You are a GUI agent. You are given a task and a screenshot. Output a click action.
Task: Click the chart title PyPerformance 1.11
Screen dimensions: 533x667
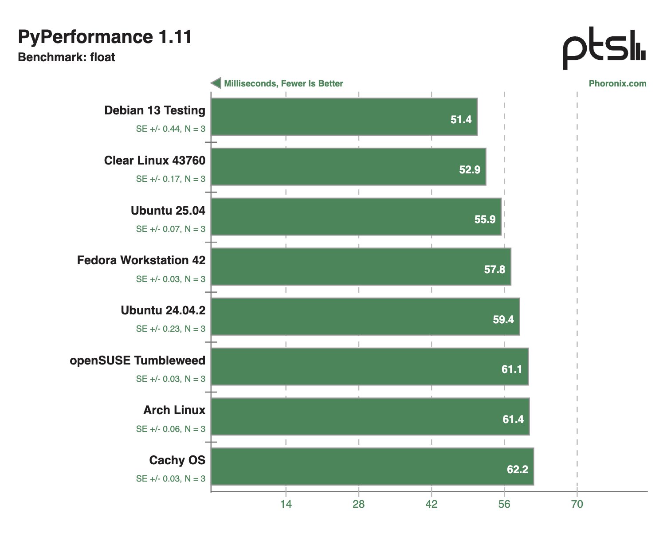(105, 37)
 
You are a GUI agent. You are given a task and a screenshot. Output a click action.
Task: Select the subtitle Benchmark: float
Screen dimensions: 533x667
(67, 57)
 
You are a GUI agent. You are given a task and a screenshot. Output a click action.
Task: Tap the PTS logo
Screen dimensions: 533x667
(604, 48)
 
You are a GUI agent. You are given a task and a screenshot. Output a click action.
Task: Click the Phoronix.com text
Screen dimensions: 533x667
(617, 83)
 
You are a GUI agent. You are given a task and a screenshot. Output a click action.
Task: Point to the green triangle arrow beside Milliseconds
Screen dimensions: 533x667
(216, 83)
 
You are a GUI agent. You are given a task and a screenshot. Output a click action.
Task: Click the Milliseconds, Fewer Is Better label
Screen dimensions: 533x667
(283, 83)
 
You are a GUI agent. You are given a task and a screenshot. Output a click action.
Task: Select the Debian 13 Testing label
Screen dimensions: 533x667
(155, 110)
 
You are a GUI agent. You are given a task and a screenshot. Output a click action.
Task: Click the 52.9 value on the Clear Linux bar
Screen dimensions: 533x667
(470, 169)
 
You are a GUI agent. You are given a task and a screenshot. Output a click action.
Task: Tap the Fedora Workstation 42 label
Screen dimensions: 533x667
(141, 260)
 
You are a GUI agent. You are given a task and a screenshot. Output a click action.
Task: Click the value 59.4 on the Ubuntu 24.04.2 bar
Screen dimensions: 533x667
(503, 319)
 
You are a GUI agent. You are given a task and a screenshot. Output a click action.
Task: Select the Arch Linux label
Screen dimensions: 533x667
(174, 410)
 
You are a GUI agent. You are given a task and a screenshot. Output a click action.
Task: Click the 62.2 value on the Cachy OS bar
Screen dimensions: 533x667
(518, 469)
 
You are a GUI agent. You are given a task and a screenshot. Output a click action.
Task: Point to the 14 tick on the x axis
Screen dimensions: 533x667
(286, 504)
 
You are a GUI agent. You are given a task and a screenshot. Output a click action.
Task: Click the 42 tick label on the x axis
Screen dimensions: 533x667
(432, 504)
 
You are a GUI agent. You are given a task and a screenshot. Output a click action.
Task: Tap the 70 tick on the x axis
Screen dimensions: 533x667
(577, 504)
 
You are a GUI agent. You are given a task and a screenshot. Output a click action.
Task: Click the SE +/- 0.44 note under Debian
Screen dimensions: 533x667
(171, 129)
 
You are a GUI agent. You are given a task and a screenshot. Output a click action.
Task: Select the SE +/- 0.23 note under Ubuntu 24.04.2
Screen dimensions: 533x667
(171, 329)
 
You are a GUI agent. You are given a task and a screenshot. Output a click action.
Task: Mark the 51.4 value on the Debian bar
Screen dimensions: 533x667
(461, 119)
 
